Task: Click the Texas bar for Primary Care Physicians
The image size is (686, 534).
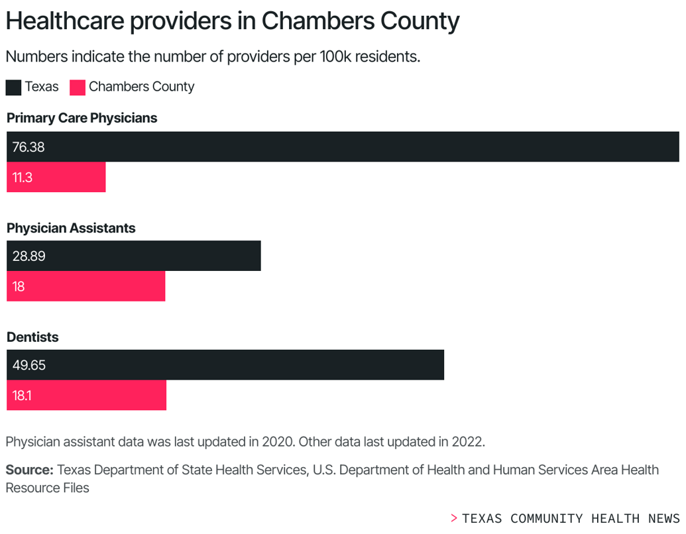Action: point(343,146)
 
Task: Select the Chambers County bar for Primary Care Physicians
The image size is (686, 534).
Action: point(56,177)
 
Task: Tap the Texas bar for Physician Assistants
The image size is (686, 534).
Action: point(134,256)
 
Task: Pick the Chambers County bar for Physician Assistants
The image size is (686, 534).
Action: point(86,286)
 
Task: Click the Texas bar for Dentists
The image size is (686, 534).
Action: point(225,364)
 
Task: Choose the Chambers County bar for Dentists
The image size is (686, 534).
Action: point(87,395)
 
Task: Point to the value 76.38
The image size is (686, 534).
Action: point(29,147)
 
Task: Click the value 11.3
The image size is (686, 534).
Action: point(23,178)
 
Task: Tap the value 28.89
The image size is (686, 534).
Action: point(29,256)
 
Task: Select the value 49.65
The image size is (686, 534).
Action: point(29,365)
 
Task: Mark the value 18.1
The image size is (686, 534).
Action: point(22,396)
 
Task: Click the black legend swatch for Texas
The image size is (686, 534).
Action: point(13,87)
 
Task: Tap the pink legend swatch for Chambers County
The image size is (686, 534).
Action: point(78,87)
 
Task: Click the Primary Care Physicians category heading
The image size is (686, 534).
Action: point(82,119)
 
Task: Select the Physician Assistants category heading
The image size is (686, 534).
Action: point(71,228)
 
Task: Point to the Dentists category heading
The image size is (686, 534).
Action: point(32,337)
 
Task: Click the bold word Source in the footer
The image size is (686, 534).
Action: point(29,470)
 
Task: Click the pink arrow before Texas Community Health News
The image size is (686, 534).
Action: point(454,518)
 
